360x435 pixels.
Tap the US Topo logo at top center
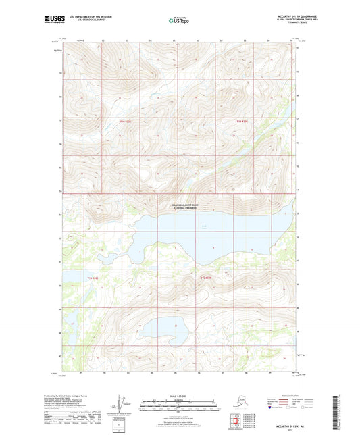pos(179,21)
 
